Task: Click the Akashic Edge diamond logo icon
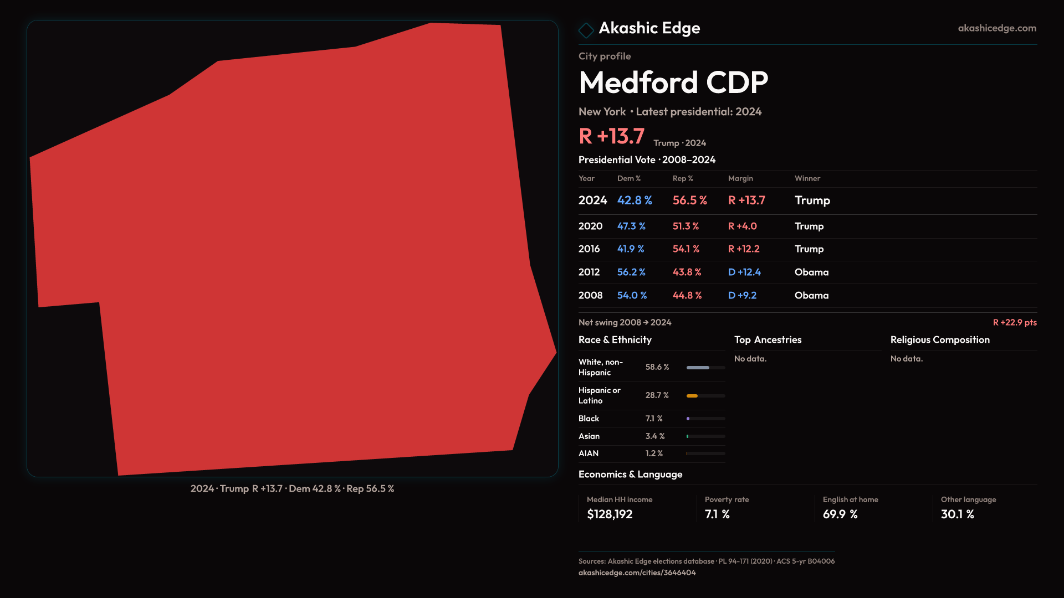point(586,30)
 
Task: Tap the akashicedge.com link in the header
point(996,28)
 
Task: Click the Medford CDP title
point(673,83)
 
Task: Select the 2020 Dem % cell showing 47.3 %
point(631,226)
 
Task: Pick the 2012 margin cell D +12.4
point(744,272)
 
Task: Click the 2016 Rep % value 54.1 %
point(686,249)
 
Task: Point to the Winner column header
point(807,178)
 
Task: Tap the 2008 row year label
point(590,296)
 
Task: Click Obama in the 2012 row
point(811,272)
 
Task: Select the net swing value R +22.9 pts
point(1014,323)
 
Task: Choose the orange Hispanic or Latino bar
point(692,396)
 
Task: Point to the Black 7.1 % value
point(654,419)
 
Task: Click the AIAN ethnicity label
point(589,453)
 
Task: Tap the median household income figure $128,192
point(610,514)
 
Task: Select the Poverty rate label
point(727,499)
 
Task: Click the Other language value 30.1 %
point(957,514)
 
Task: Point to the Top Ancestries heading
point(768,340)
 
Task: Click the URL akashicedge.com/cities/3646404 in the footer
point(637,573)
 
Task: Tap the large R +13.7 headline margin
point(611,136)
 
